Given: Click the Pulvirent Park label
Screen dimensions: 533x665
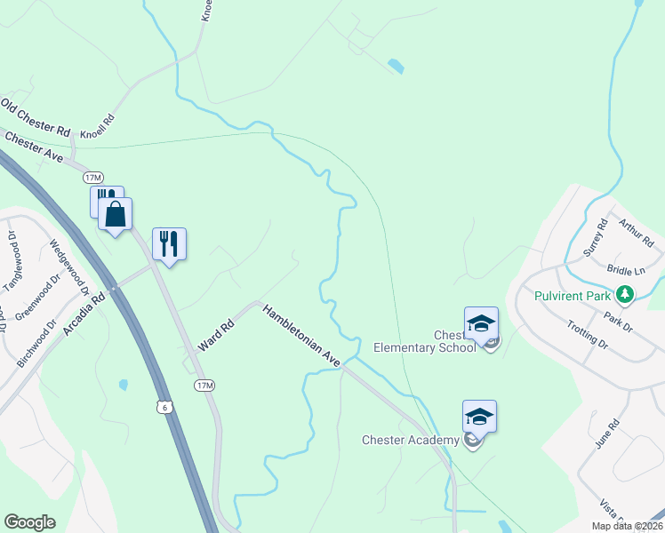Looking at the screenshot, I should (574, 295).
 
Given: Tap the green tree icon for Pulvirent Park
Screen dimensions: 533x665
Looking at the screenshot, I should (626, 294).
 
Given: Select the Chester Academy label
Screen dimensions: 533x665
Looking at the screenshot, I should (410, 440).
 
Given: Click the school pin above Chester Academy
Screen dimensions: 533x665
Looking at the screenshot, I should (479, 416).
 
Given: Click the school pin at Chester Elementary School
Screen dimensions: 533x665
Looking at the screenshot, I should (481, 323).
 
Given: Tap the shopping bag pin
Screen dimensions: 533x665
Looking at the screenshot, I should (116, 214).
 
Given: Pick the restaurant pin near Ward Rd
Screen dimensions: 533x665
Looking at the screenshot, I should (170, 243).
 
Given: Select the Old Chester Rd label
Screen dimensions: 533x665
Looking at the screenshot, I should (35, 118).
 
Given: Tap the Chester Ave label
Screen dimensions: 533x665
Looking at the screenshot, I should (34, 147).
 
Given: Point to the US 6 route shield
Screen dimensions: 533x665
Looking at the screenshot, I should (163, 406).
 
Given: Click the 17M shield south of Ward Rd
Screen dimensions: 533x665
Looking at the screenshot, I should (204, 385).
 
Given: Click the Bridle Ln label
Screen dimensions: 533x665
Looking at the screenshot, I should (625, 270).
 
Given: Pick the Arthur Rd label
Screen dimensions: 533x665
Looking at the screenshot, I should (636, 233).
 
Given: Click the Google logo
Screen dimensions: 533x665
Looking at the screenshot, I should (30, 521).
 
